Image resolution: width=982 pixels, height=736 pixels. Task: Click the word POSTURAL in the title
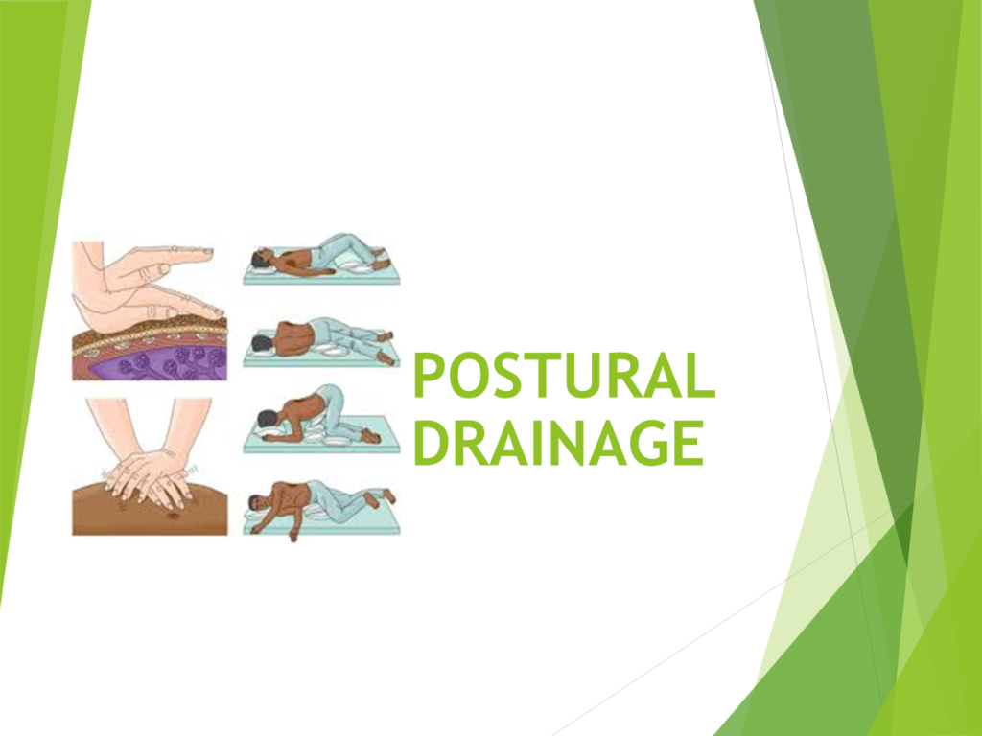564,376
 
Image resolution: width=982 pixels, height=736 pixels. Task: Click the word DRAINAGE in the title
559,443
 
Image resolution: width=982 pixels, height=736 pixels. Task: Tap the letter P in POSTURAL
429,376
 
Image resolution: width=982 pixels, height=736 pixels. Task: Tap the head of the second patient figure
260,343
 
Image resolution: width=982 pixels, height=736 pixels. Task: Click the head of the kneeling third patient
269,420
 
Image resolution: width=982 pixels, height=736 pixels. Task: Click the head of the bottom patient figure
257,502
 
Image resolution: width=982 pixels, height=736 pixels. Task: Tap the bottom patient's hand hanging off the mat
293,534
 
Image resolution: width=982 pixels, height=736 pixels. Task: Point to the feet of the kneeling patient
371,436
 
